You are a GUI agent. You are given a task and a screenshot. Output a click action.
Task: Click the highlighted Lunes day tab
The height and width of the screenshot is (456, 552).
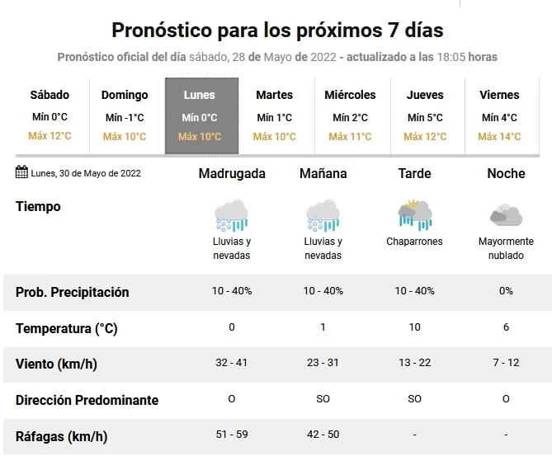pyautogui.click(x=201, y=115)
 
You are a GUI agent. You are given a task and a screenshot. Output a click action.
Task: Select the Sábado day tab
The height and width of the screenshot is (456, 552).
pyautogui.click(x=50, y=115)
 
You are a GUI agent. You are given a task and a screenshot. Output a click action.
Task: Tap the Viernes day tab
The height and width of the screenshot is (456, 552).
pyautogui.click(x=499, y=115)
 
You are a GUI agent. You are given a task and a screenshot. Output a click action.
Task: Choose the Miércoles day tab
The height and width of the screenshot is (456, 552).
pyautogui.click(x=350, y=115)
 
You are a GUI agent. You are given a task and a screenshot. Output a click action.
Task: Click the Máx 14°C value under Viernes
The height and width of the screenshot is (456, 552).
pyautogui.click(x=499, y=137)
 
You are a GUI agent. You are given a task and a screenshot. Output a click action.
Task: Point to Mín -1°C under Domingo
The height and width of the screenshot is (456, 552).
pyautogui.click(x=125, y=118)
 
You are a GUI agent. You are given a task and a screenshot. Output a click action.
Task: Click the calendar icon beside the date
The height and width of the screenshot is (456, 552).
pyautogui.click(x=21, y=172)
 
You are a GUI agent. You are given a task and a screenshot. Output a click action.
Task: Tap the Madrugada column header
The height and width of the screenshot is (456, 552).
pyautogui.click(x=232, y=173)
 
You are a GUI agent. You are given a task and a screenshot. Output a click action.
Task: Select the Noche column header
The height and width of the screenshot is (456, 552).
pyautogui.click(x=506, y=173)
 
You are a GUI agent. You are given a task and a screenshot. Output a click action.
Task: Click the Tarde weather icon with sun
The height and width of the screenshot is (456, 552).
pyautogui.click(x=414, y=214)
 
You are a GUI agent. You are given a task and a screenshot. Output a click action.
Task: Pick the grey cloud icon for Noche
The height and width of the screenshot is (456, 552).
pyautogui.click(x=506, y=215)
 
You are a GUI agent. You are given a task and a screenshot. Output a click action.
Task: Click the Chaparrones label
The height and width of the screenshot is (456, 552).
pyautogui.click(x=414, y=242)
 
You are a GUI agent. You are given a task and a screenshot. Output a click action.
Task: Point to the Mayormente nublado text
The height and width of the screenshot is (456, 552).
pyautogui.click(x=506, y=248)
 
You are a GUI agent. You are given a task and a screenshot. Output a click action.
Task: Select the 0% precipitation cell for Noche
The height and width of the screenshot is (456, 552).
pyautogui.click(x=506, y=291)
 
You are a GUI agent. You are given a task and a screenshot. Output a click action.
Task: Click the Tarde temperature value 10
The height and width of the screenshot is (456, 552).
pyautogui.click(x=414, y=327)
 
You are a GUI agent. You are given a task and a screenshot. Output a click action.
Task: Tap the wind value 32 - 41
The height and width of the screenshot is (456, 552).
pyautogui.click(x=232, y=363)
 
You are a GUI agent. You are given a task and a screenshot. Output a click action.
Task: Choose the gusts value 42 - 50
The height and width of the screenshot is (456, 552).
pyautogui.click(x=323, y=435)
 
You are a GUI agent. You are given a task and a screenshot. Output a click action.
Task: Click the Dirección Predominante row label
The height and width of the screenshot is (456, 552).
pyautogui.click(x=87, y=400)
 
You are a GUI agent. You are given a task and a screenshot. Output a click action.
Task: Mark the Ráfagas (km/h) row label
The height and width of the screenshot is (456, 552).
pyautogui.click(x=61, y=436)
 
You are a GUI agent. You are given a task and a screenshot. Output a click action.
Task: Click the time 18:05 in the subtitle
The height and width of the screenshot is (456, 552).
pyautogui.click(x=453, y=57)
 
